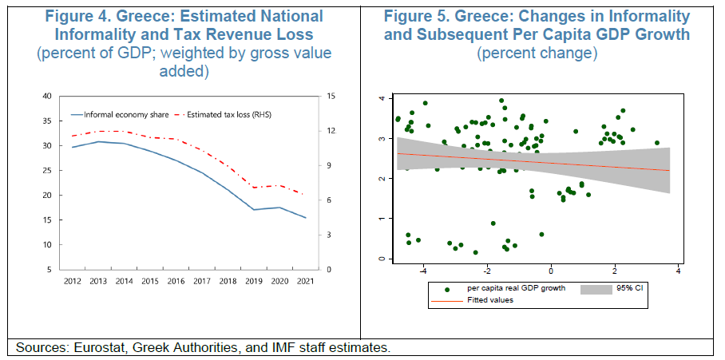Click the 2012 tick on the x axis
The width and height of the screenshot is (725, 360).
[72, 280]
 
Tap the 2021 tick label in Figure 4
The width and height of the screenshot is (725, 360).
[305, 280]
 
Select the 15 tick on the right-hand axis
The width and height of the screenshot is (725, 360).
[331, 97]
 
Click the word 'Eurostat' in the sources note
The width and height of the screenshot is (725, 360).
[99, 348]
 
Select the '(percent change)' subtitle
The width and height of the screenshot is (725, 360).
[537, 53]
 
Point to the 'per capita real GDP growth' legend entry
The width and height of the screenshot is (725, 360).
[516, 289]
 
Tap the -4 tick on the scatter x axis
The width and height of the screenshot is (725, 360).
[424, 271]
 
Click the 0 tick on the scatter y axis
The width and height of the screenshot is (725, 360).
[382, 259]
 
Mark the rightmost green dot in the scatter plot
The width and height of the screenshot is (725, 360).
[657, 143]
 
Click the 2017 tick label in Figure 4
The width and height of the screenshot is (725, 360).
[201, 280]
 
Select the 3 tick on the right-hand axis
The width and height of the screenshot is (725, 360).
[329, 235]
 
